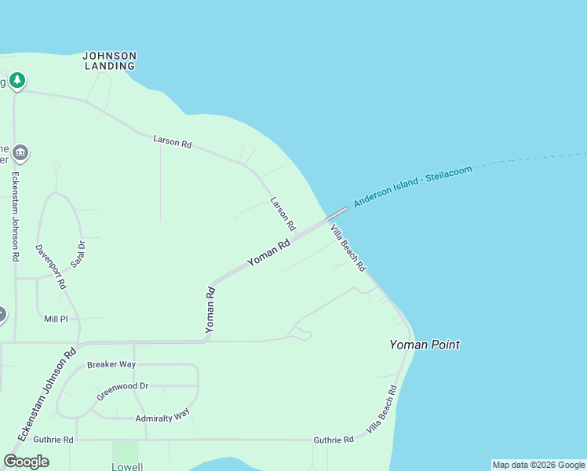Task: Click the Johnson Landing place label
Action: tap(110, 60)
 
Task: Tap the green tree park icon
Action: tap(17, 80)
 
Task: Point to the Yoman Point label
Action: tap(425, 345)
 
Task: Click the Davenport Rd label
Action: tap(49, 267)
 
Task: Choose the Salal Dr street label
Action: tap(77, 254)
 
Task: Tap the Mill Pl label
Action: tap(57, 319)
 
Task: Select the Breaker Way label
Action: tap(111, 365)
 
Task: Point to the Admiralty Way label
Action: tap(162, 415)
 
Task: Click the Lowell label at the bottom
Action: tap(126, 466)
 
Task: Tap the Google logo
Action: tap(26, 462)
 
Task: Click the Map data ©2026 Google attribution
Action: tap(538, 465)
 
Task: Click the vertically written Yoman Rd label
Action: tap(210, 310)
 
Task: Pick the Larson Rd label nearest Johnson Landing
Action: tap(173, 142)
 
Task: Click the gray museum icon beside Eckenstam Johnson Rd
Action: tap(20, 152)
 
